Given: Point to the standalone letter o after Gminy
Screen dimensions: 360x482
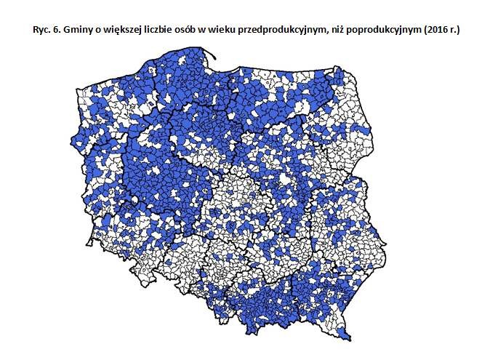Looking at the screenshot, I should (x=94, y=28).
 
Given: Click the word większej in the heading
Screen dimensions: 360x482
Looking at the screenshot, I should (x=119, y=28).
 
